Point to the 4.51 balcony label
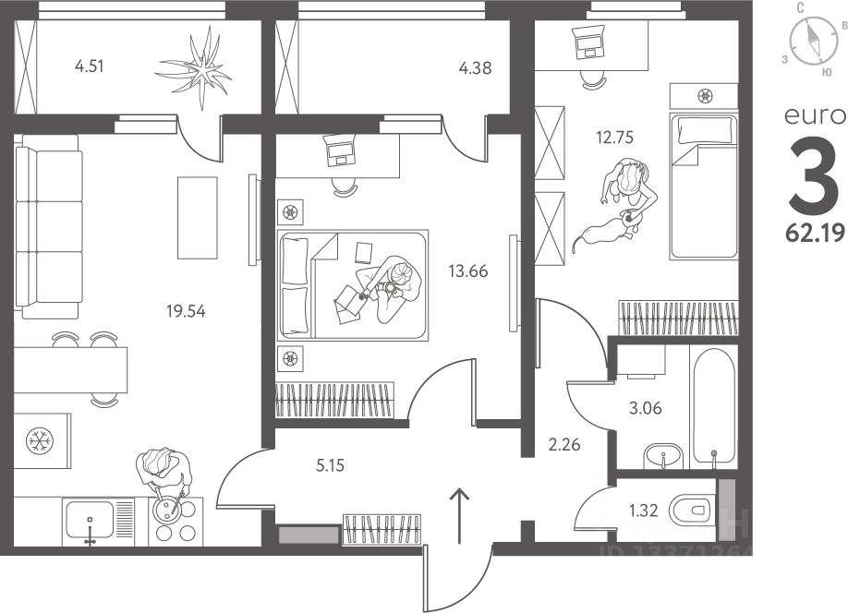(91, 66)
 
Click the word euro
(815, 116)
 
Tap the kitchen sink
(89, 522)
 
